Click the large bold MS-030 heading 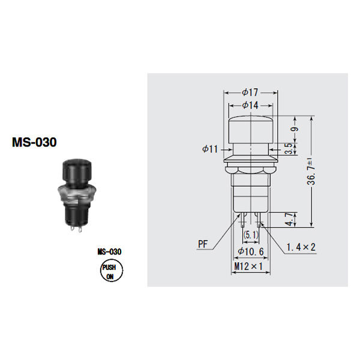pyautogui.click(x=34, y=142)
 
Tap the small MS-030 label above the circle pyautogui.click(x=110, y=251)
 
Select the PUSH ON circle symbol pyautogui.click(x=112, y=271)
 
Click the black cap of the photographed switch pyautogui.click(x=77, y=170)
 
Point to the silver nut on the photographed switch pyautogui.click(x=76, y=193)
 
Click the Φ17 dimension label pyautogui.click(x=250, y=92)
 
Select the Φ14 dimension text pyautogui.click(x=250, y=106)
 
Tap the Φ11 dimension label pyautogui.click(x=210, y=149)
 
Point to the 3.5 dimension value pyautogui.click(x=289, y=149)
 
